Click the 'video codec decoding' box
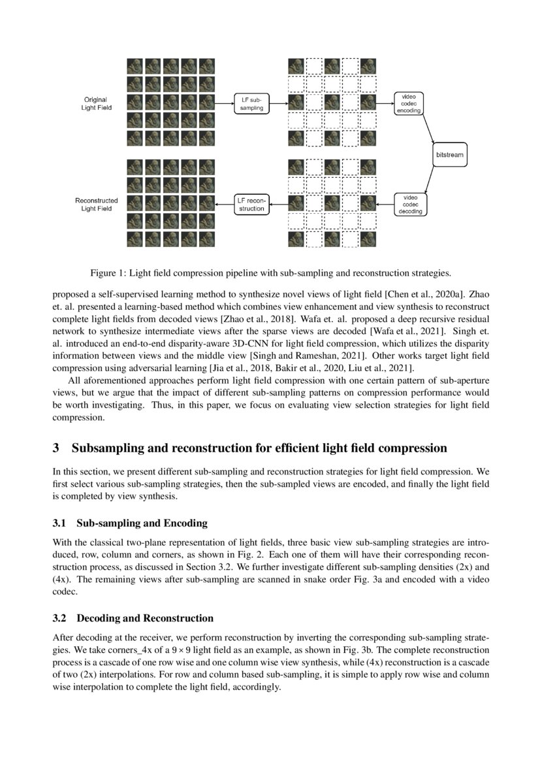tap(410, 205)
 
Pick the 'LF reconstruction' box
tap(251, 205)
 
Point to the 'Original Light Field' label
tap(96, 103)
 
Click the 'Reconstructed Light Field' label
tap(96, 205)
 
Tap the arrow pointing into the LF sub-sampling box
tap(225, 103)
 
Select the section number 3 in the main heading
tap(56, 448)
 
